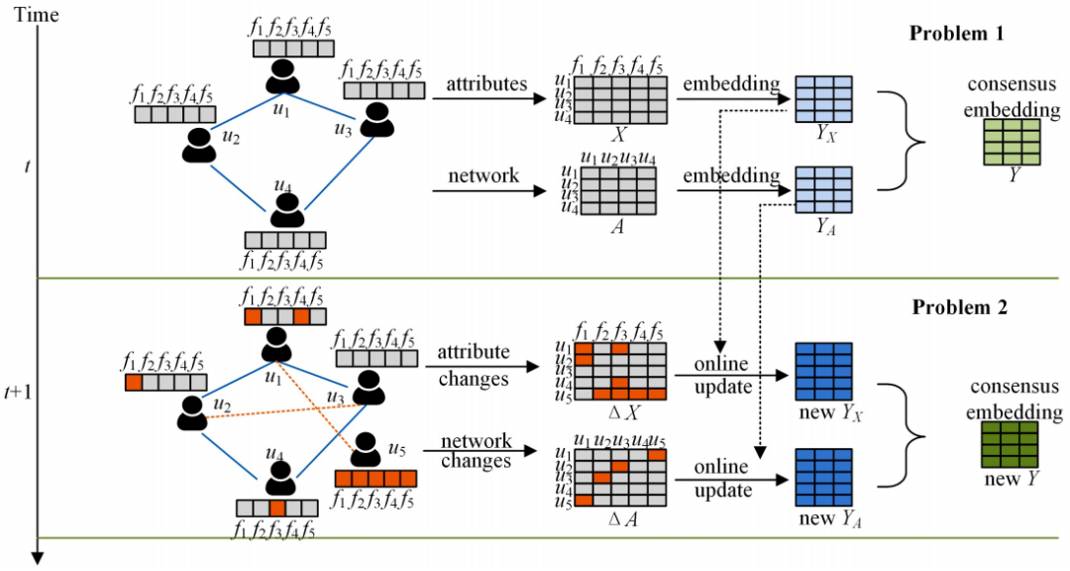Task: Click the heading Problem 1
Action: pos(957,34)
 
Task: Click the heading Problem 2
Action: pos(959,308)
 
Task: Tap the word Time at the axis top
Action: pos(37,14)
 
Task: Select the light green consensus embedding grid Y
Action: pos(1012,142)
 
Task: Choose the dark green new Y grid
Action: pos(1010,444)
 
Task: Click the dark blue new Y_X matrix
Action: pos(823,371)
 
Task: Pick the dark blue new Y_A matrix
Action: pos(823,477)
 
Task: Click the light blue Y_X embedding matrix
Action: pos(823,99)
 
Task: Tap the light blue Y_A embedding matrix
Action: pos(823,190)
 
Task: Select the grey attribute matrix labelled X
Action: pos(619,100)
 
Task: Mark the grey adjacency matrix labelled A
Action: pos(617,190)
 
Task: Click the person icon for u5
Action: pos(366,450)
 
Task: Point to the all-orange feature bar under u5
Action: pos(375,478)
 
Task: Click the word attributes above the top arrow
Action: pos(486,84)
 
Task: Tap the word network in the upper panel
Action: pos(483,175)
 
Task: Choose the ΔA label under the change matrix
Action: pos(621,519)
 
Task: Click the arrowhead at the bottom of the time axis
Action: pos(38,558)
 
